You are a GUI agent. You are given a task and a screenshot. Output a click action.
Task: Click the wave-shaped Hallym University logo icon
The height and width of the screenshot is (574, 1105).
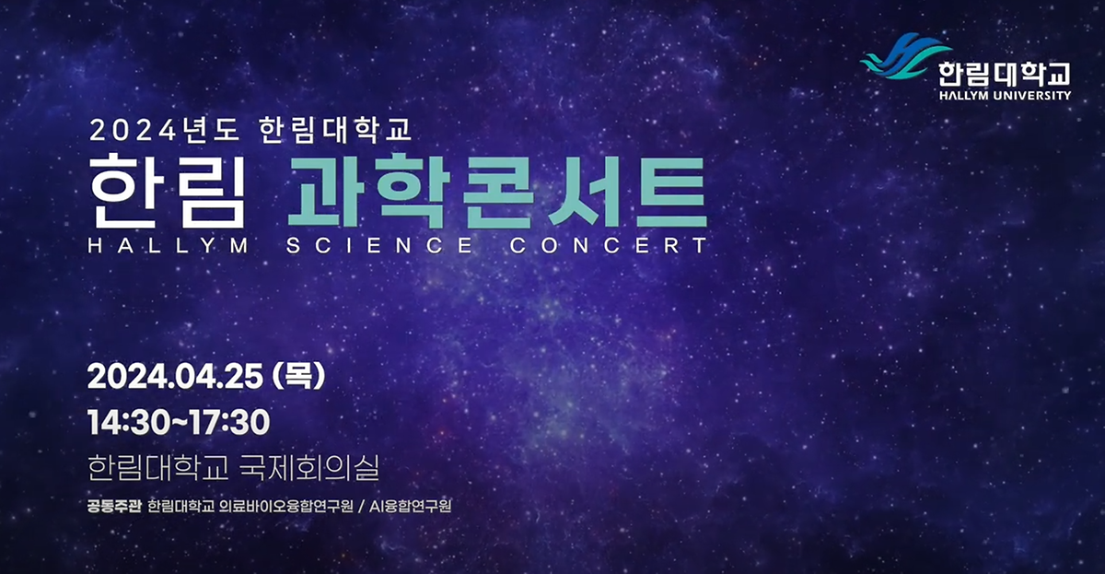pos(905,56)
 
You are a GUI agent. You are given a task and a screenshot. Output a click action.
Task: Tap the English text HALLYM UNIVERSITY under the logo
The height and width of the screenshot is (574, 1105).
pos(1005,95)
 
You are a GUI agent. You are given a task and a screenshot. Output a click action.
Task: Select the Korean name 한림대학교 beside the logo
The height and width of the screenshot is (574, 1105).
pos(1005,74)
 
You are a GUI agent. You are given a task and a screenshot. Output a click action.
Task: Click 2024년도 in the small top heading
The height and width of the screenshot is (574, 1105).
pos(164,130)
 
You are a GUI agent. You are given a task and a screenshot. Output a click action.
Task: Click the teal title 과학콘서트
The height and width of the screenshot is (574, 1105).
pos(497,192)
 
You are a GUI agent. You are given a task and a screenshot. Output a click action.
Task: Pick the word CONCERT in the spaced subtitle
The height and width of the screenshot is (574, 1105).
pos(609,246)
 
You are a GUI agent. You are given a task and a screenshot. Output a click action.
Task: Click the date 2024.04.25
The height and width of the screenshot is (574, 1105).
pos(175,377)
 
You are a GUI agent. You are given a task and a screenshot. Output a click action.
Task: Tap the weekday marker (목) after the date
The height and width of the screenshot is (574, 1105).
pos(298,376)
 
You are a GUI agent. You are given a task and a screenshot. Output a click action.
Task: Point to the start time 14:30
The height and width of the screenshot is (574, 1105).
pos(127,422)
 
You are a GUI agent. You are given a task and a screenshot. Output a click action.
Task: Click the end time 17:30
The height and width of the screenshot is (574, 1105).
pos(230,422)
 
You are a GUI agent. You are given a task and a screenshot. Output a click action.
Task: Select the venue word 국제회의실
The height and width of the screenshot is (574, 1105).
pos(308,467)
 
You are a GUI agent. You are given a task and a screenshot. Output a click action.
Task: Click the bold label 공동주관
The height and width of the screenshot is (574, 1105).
pos(114,507)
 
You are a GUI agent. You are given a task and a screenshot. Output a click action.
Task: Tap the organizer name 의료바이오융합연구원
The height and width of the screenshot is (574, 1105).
pos(285,507)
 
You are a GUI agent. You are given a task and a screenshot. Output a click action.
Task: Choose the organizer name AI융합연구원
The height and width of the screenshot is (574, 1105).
pos(410,507)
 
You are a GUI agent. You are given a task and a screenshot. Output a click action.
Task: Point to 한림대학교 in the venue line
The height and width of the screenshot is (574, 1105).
pos(157,467)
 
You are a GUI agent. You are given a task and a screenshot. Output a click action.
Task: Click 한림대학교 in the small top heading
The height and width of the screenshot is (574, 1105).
pos(335,130)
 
